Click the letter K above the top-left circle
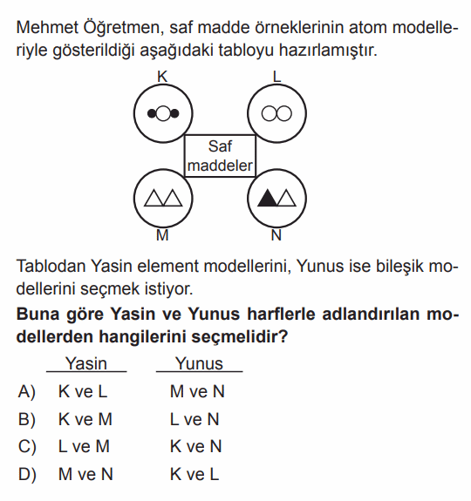coord(162,77)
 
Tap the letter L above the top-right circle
coord(276,77)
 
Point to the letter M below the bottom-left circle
coord(162,235)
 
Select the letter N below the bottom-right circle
coord(276,235)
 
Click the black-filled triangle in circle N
coord(267,198)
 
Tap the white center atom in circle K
coord(163,113)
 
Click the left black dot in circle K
coord(152,113)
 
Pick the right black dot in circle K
coord(174,113)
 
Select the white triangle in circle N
coord(286,198)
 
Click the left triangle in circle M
coord(154,198)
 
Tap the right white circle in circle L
coord(284,113)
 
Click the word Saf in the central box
coord(220,146)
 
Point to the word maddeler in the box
coord(220,166)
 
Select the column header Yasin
coord(86,363)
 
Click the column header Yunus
coord(199,363)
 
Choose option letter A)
coord(27,392)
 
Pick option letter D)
coord(27,474)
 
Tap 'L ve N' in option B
coord(195,419)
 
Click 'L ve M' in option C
coord(84,446)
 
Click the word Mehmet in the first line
coord(47,28)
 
